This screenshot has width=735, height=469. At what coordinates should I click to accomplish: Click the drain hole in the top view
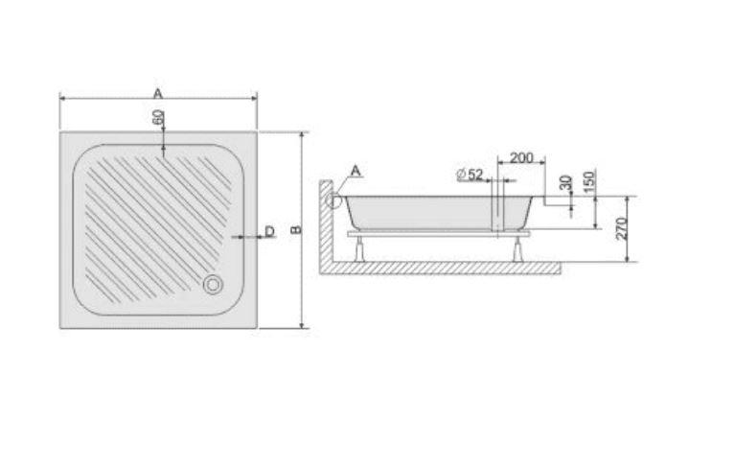tap(212, 284)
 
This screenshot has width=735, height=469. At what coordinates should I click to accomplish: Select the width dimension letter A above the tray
tap(158, 92)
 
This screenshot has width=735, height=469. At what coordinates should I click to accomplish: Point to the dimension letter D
tap(269, 231)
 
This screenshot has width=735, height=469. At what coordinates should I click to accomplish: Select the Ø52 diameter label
tap(470, 174)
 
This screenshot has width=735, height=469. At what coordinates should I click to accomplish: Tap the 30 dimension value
tap(565, 183)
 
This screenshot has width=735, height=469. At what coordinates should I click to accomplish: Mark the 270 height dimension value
tap(621, 228)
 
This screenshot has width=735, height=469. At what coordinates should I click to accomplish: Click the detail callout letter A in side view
tap(356, 171)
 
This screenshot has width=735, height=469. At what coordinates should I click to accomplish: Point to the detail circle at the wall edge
tap(333, 200)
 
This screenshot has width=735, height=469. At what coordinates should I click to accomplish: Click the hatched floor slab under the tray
tap(441, 268)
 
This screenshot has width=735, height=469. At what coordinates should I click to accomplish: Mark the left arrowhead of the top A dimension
tap(63, 98)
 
